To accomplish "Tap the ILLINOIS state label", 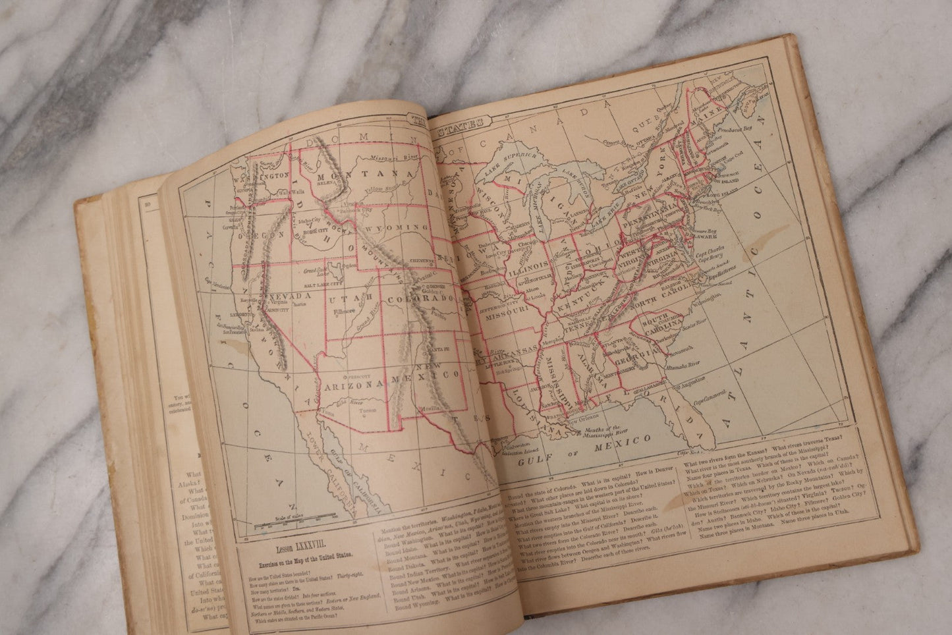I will click(x=528, y=266).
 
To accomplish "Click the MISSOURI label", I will click(x=507, y=307).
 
